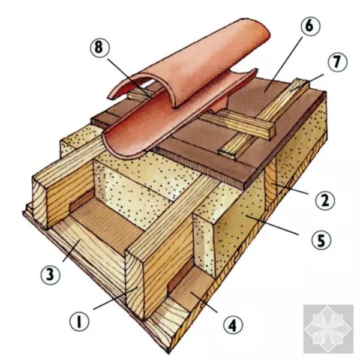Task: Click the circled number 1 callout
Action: coord(79,322)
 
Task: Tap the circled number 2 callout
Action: coord(325,200)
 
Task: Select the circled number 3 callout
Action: coord(50,275)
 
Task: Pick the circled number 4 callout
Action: coord(233,325)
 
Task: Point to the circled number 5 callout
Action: coord(321,240)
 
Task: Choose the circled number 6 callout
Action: coord(310,26)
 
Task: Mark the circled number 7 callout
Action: coord(337,62)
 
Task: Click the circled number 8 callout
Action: coord(100,48)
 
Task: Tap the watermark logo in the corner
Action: coord(328,329)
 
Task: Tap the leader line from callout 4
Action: coord(204,302)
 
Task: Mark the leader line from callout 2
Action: coord(290,189)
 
